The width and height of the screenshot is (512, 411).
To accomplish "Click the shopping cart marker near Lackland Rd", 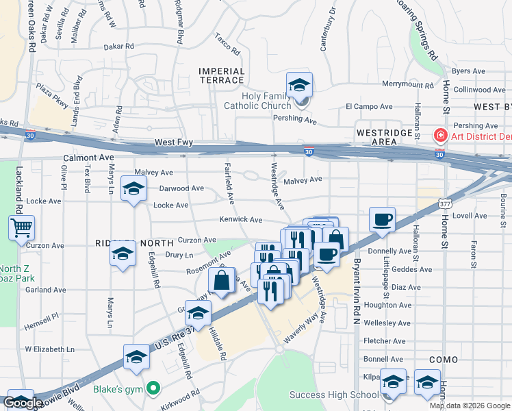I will [x=21, y=227].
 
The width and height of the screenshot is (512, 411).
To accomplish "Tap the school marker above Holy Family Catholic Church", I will [x=299, y=86].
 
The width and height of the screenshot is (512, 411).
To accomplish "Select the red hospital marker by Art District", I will [x=439, y=136].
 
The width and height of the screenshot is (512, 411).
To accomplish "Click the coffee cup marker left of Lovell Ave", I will [x=383, y=220].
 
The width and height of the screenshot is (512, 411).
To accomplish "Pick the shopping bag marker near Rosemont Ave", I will [x=222, y=281].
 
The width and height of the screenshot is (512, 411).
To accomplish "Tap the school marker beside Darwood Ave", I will [x=133, y=189].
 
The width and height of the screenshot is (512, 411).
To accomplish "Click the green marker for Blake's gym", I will [x=153, y=388].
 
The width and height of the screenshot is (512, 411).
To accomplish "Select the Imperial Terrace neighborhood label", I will [x=221, y=75].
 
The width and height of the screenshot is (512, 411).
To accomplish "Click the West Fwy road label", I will [x=174, y=142].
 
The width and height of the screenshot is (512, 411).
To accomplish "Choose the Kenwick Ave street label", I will [x=241, y=220].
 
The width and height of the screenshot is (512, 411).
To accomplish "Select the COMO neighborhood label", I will [x=443, y=359].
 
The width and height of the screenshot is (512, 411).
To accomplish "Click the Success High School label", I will [x=333, y=395].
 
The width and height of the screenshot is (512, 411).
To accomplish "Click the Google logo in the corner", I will [x=23, y=403].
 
